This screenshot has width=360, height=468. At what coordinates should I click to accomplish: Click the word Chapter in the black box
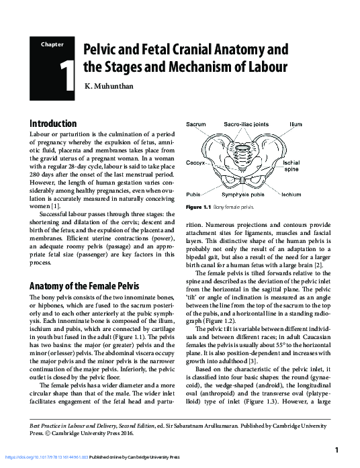pos(52,44)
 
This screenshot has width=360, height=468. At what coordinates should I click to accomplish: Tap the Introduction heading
pos(53,124)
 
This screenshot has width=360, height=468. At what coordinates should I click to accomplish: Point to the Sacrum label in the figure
pos(196,124)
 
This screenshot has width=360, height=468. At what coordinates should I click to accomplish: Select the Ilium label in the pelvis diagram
pos(296,124)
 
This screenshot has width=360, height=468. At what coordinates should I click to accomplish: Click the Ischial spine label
pos(291,166)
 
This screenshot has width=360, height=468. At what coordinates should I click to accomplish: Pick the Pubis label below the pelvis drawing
pos(194,194)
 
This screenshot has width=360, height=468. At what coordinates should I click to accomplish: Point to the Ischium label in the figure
pos(291,194)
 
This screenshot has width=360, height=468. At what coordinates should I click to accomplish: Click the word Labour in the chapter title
pos(267,67)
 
